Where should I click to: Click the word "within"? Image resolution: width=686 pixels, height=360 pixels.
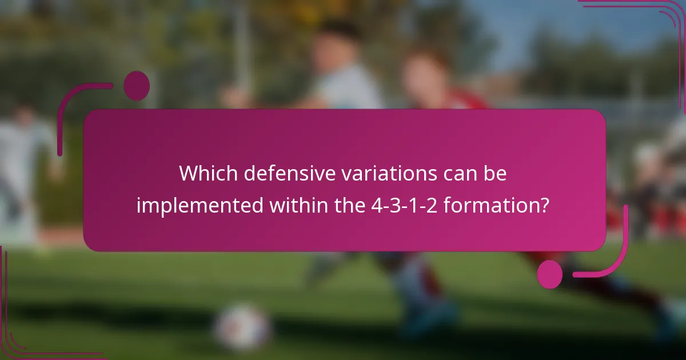click(297, 204)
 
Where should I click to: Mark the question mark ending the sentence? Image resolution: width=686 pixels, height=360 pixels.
click(545, 204)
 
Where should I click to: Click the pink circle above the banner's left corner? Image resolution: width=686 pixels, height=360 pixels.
click(137, 86)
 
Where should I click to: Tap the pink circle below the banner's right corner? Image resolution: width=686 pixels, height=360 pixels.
click(550, 274)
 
